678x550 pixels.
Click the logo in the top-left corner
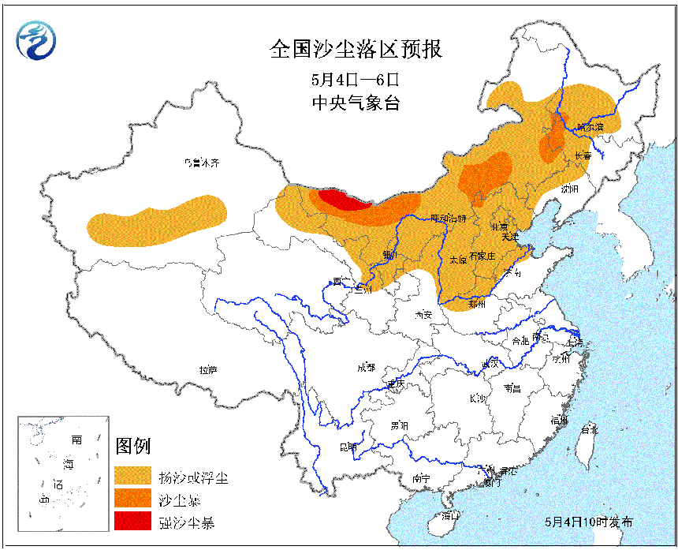coord(38,39)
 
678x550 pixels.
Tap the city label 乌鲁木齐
coord(200,163)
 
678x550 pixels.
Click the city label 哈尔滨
coord(589,126)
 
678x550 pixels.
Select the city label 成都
coord(366,367)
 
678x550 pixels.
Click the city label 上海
coord(575,342)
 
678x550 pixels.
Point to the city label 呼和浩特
coord(448,218)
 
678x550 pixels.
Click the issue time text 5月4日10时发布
coord(588,522)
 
